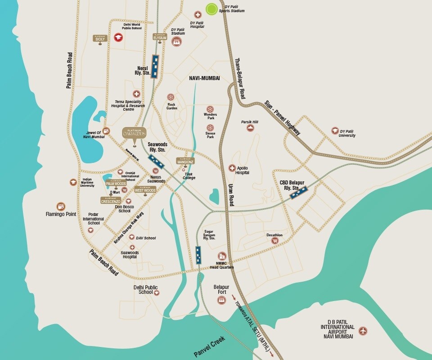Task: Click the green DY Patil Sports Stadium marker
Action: click(211, 9)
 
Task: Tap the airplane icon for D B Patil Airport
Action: click(363, 331)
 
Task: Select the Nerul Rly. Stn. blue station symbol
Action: click(155, 67)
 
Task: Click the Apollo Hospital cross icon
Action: click(232, 168)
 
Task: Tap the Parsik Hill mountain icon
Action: click(250, 128)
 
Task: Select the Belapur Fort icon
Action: click(221, 300)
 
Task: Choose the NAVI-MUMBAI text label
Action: click(204, 78)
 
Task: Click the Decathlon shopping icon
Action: click(274, 241)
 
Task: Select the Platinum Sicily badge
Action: click(100, 39)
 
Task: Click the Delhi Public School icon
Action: click(157, 293)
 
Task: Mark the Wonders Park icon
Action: click(210, 109)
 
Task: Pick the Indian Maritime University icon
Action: click(73, 182)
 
